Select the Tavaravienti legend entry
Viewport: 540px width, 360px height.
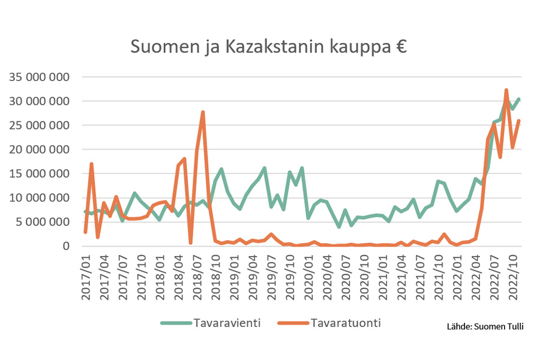pos(226,323)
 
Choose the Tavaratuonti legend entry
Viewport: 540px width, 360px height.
pos(346,323)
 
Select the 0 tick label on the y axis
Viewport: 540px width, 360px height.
pos(67,246)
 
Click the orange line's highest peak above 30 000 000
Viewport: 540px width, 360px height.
pos(506,91)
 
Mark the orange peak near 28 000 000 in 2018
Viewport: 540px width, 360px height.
pos(203,112)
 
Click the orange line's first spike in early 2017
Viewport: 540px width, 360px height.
pos(91,164)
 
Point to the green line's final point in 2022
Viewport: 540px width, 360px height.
pos(519,99)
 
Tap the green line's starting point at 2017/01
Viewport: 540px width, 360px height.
pos(85,211)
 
